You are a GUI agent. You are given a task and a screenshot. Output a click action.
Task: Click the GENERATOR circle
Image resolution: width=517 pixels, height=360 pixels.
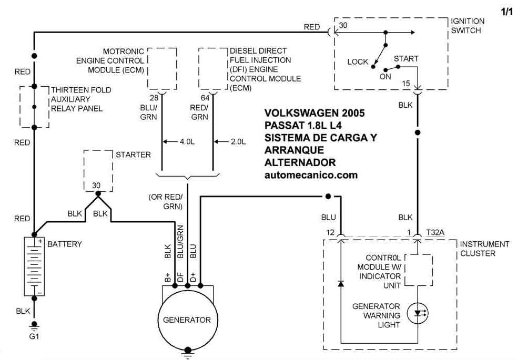pyautogui.click(x=187, y=319)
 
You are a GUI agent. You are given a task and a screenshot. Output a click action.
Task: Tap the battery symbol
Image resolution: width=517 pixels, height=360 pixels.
pyautogui.click(x=34, y=266)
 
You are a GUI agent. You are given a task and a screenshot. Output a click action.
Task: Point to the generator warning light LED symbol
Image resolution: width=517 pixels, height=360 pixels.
pyautogui.click(x=419, y=313)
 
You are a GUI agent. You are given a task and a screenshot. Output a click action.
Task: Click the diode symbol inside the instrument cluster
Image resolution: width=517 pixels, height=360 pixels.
pyautogui.click(x=341, y=284)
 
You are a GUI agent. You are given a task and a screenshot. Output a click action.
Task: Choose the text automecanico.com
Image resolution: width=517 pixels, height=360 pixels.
pyautogui.click(x=311, y=174)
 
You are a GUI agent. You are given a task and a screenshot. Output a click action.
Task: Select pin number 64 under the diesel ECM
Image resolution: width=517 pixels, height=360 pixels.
pyautogui.click(x=205, y=98)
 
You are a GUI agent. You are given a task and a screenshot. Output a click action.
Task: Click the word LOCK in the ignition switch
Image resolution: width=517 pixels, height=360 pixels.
pyautogui.click(x=358, y=61)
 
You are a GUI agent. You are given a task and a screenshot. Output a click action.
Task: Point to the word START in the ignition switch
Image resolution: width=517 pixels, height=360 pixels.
pyautogui.click(x=406, y=58)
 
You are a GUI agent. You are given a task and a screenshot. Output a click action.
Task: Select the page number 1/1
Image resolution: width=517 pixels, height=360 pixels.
pyautogui.click(x=506, y=12)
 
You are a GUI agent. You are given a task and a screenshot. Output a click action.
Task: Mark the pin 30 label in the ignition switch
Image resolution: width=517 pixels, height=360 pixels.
pyautogui.click(x=343, y=25)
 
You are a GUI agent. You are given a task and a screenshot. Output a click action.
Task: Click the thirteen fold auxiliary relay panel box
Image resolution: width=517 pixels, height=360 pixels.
pyautogui.click(x=34, y=107)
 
